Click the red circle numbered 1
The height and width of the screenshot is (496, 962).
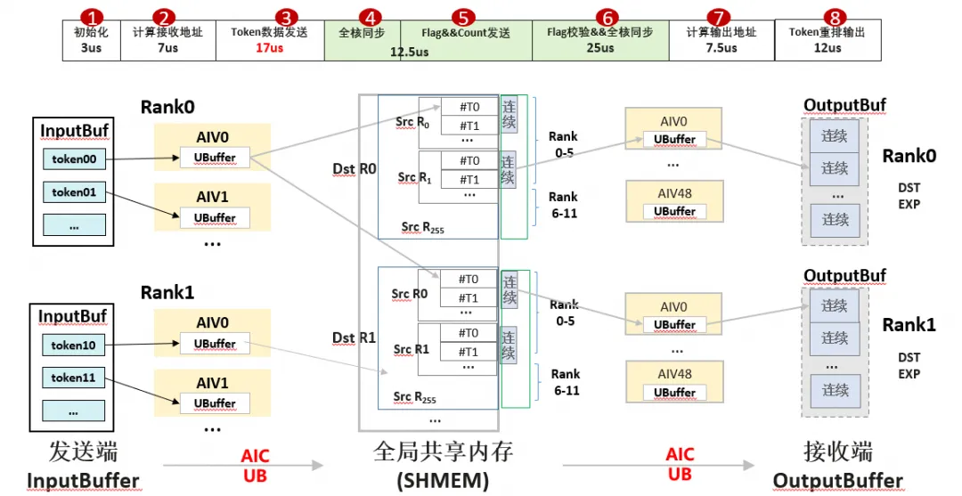click(x=92, y=17)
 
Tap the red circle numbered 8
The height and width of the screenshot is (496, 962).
click(x=835, y=17)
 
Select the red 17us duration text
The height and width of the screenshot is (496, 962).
click(x=269, y=48)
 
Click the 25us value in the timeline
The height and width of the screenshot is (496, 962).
click(x=600, y=47)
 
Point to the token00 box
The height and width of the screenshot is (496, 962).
click(x=74, y=159)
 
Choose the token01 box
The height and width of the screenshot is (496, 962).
click(x=74, y=192)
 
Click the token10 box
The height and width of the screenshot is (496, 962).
click(x=74, y=346)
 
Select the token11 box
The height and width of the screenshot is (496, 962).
click(x=74, y=378)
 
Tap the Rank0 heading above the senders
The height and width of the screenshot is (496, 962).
click(x=167, y=107)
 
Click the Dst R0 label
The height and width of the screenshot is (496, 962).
click(x=354, y=168)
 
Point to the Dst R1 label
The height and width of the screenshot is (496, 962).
click(x=354, y=337)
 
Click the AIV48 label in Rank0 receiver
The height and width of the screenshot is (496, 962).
click(x=675, y=194)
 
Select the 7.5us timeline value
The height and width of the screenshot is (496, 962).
click(x=721, y=48)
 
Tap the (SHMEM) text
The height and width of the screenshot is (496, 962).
click(x=443, y=481)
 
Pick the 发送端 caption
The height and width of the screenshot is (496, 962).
click(x=84, y=452)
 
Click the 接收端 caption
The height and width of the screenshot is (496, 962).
click(x=838, y=452)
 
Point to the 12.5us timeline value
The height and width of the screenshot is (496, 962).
click(x=409, y=53)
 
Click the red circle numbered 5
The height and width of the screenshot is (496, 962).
click(x=463, y=17)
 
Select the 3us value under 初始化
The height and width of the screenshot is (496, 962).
click(x=92, y=47)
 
